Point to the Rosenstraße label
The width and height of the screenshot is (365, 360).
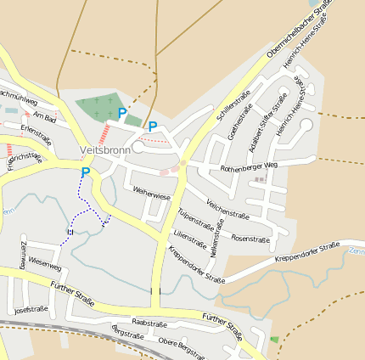(250, 239)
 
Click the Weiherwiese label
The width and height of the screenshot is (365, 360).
(151, 194)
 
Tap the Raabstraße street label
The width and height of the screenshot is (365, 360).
(149, 323)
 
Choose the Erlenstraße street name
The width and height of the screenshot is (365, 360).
(36, 132)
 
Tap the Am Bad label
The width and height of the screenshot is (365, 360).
(45, 116)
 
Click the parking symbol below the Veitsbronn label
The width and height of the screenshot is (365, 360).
(85, 172)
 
